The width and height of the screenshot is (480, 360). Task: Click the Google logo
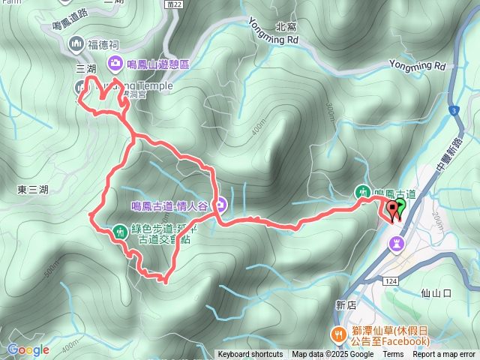pos(28,349)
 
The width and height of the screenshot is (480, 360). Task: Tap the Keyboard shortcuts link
pos(250,355)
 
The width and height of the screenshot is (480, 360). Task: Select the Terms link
pos(393,355)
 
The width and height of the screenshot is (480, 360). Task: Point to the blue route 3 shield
pos(454,111)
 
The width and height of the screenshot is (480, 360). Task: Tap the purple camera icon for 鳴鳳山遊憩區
pos(115,62)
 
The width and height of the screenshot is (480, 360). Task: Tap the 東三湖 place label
pos(33,190)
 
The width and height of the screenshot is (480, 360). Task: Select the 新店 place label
pos(346,304)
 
